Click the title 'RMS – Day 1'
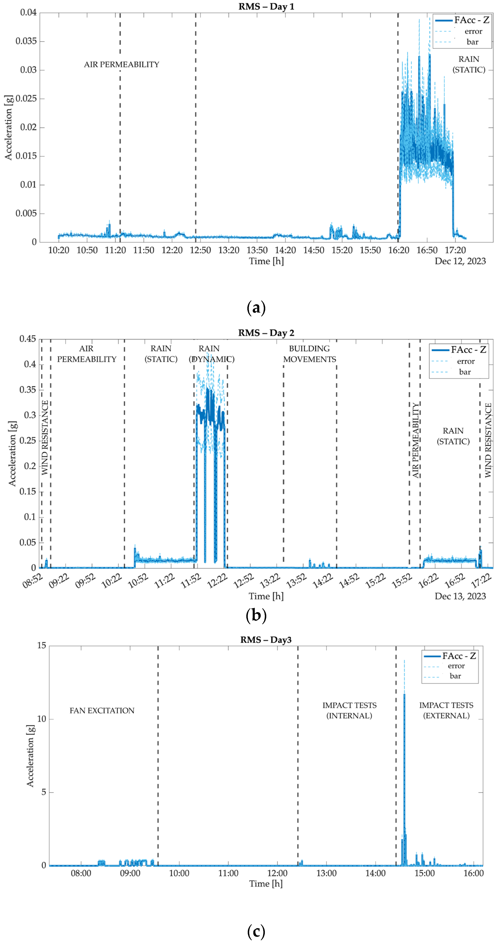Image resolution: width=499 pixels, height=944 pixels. (266, 7)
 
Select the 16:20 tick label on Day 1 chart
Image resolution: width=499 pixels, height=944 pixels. (399, 250)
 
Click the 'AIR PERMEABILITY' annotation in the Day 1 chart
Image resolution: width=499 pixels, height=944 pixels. (122, 64)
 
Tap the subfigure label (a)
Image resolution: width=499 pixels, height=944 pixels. (256, 307)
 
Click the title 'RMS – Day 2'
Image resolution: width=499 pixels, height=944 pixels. (266, 333)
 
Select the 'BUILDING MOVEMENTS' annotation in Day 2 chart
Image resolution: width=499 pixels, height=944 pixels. (309, 354)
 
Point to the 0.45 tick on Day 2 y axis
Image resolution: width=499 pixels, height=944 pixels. (28, 339)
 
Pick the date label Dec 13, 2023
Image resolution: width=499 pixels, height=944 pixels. (460, 596)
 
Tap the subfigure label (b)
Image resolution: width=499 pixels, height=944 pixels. (256, 615)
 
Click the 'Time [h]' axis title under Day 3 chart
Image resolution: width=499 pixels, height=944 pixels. (266, 884)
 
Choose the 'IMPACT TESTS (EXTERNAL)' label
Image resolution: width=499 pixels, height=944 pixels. (446, 710)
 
